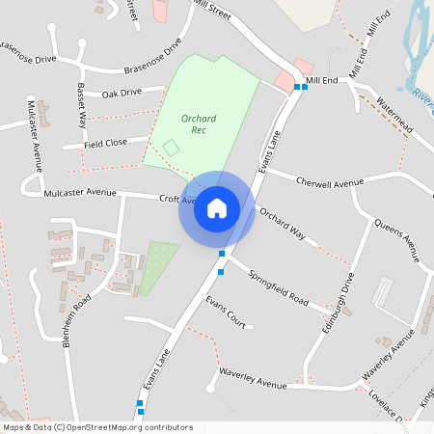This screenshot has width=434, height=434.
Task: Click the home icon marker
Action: pos(216,208)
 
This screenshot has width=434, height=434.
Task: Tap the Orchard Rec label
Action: pos(199,123)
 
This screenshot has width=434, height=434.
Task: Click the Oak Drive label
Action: pos(122,93)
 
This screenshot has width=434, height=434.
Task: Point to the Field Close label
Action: pos(105,143)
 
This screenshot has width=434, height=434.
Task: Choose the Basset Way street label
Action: pos(82,101)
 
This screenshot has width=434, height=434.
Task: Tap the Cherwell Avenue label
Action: pos(330,181)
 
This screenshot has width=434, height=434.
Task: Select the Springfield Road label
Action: pos(278,285)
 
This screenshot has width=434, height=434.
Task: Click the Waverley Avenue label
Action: pos(253,379)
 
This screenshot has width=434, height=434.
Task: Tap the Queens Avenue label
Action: pos(397,241)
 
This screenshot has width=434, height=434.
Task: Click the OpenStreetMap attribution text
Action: pos(97,427)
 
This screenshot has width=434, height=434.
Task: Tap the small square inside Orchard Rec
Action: pos(171,148)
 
